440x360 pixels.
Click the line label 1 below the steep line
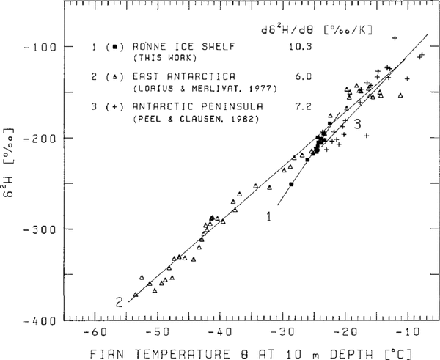coord(268,216)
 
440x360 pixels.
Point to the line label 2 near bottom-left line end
coord(118,301)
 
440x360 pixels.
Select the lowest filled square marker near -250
coord(291,184)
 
